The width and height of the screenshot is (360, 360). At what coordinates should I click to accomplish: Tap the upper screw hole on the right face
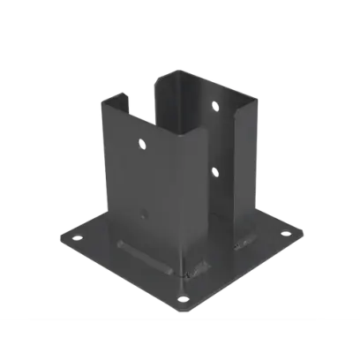coord(214,107)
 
